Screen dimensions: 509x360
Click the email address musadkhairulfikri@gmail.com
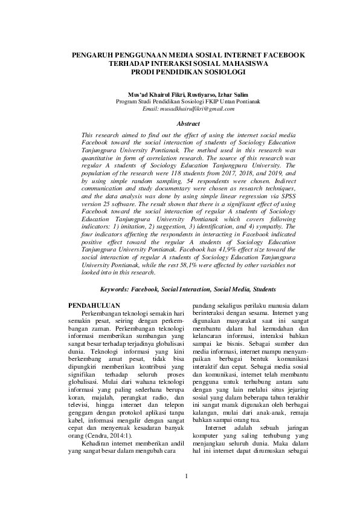179,108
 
